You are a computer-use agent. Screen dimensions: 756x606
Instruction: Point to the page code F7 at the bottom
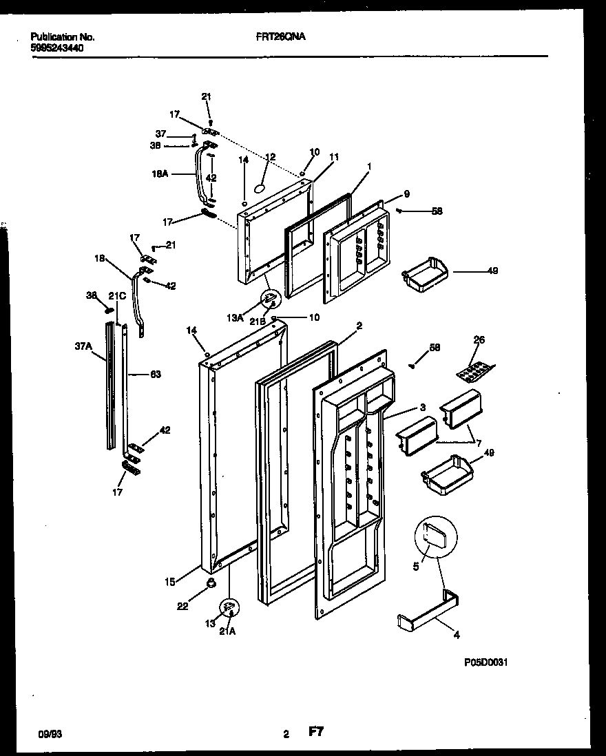[x=315, y=734]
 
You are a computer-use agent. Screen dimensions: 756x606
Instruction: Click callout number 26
[x=479, y=339]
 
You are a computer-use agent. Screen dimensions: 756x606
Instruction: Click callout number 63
[x=155, y=375]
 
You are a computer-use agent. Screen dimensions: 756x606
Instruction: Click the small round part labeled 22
[x=211, y=585]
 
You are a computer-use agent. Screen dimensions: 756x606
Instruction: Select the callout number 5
[x=416, y=567]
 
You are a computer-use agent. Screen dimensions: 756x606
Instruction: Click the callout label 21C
[x=118, y=296]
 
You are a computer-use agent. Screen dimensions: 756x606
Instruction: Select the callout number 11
[x=334, y=158]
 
